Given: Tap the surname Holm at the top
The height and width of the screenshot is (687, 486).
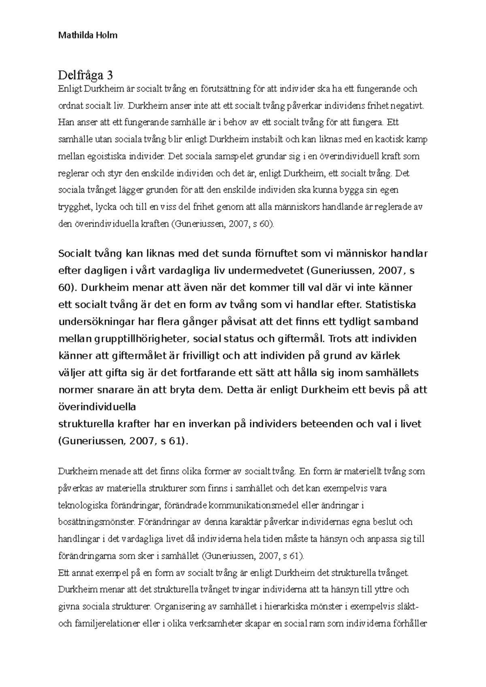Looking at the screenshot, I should pos(107,35).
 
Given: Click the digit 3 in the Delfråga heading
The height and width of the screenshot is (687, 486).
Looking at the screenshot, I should pos(110,75).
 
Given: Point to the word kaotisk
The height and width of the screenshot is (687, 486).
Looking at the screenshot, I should pos(387,139).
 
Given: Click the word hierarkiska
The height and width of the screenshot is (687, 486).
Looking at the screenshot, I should pos(296,606).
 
